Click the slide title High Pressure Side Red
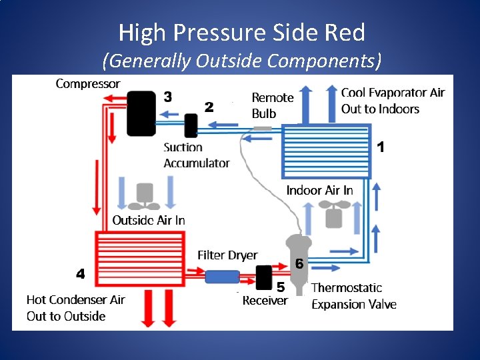click(241, 32)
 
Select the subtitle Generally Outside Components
click(241, 61)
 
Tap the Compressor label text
click(88, 84)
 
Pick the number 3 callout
click(168, 97)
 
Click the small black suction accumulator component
click(191, 125)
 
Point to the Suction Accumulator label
click(196, 155)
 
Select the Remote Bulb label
click(272, 105)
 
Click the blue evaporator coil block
click(325, 151)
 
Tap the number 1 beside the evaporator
click(381, 147)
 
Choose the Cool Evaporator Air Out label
click(392, 101)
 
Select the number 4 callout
click(80, 273)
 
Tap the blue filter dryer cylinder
click(222, 275)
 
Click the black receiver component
click(264, 277)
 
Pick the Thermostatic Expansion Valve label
click(354, 296)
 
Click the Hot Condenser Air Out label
click(75, 308)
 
